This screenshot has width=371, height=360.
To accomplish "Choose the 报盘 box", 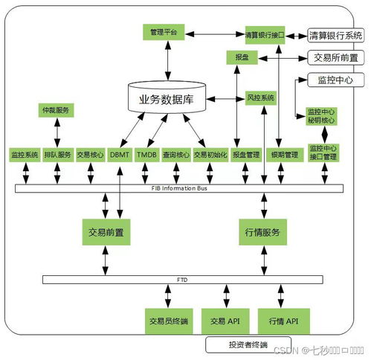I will click(242, 56).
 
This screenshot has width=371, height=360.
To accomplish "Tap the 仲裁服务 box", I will click(56, 111).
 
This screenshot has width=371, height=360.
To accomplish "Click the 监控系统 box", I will click(25, 155).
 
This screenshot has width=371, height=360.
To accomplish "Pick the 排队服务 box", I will click(57, 155).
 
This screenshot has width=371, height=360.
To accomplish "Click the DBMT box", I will click(119, 155).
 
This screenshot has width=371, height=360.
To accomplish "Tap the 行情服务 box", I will click(262, 232).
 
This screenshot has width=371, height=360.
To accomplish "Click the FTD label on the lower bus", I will click(181, 280).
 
